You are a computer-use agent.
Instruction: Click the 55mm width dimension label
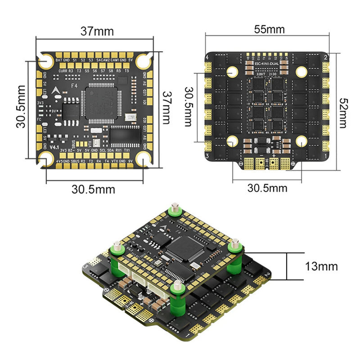[270, 30]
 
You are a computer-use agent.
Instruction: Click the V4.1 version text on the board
[54, 147]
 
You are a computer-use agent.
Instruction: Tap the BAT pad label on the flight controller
[59, 60]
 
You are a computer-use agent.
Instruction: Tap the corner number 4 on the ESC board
[207, 58]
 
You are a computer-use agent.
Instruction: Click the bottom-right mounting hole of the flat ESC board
[300, 141]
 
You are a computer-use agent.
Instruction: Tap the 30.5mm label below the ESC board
[267, 188]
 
